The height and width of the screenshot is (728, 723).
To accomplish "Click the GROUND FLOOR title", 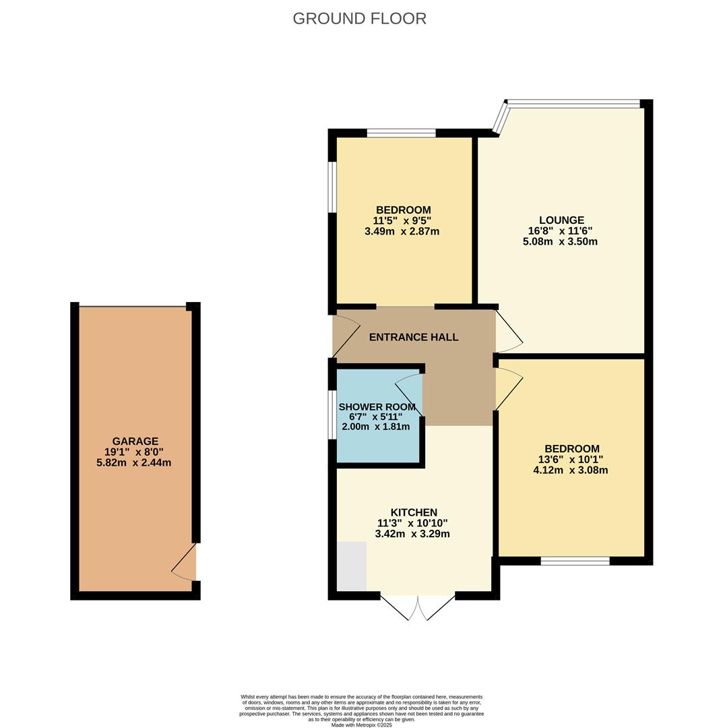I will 359,19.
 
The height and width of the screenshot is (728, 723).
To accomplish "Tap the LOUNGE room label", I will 561,220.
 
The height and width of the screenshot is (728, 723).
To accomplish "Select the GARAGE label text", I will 135,442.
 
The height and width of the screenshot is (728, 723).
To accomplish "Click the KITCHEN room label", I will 414,512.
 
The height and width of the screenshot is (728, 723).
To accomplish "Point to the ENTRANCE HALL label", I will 414,337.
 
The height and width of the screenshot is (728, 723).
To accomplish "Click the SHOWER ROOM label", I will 377,407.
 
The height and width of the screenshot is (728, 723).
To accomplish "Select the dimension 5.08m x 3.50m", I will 560,241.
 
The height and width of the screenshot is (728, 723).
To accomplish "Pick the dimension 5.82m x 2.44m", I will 133,463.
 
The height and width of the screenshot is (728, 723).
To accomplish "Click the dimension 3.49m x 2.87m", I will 402,231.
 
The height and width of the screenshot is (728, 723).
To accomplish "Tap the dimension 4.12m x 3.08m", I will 571,470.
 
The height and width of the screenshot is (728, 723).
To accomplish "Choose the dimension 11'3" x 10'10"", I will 412,523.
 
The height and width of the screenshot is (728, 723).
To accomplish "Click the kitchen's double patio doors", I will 418,606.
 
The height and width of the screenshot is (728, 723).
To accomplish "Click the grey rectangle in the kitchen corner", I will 351,566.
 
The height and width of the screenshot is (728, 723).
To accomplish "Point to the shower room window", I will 332,415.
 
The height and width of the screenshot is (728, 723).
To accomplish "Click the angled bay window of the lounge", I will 500,118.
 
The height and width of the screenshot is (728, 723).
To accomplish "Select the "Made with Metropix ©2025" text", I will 361,725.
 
